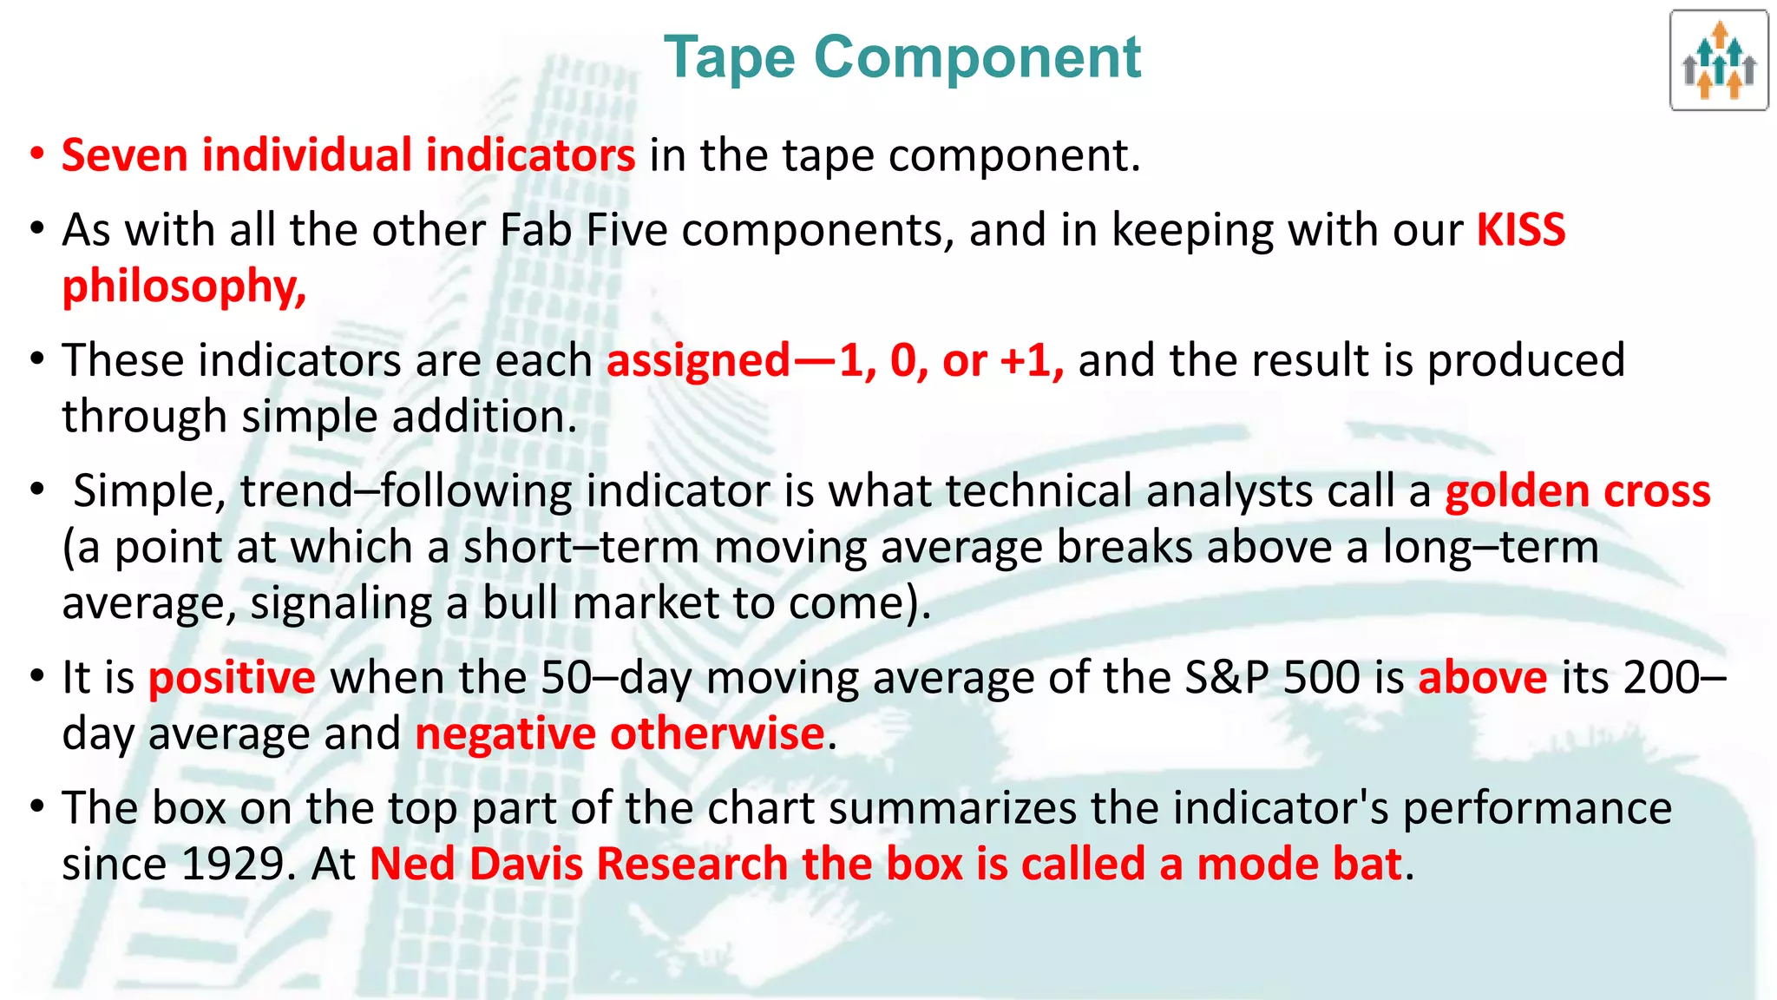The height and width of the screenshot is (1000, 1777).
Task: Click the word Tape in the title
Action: coord(729,58)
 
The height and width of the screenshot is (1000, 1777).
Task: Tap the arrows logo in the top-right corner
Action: coord(1718,61)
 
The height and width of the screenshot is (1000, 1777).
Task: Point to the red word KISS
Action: coord(1521,231)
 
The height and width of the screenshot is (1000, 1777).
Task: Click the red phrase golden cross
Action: coord(1577,491)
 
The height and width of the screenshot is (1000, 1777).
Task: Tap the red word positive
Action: coord(232,678)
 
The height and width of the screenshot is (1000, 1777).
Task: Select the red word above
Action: coord(1482,678)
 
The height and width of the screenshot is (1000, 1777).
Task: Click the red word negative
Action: coord(505,734)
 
